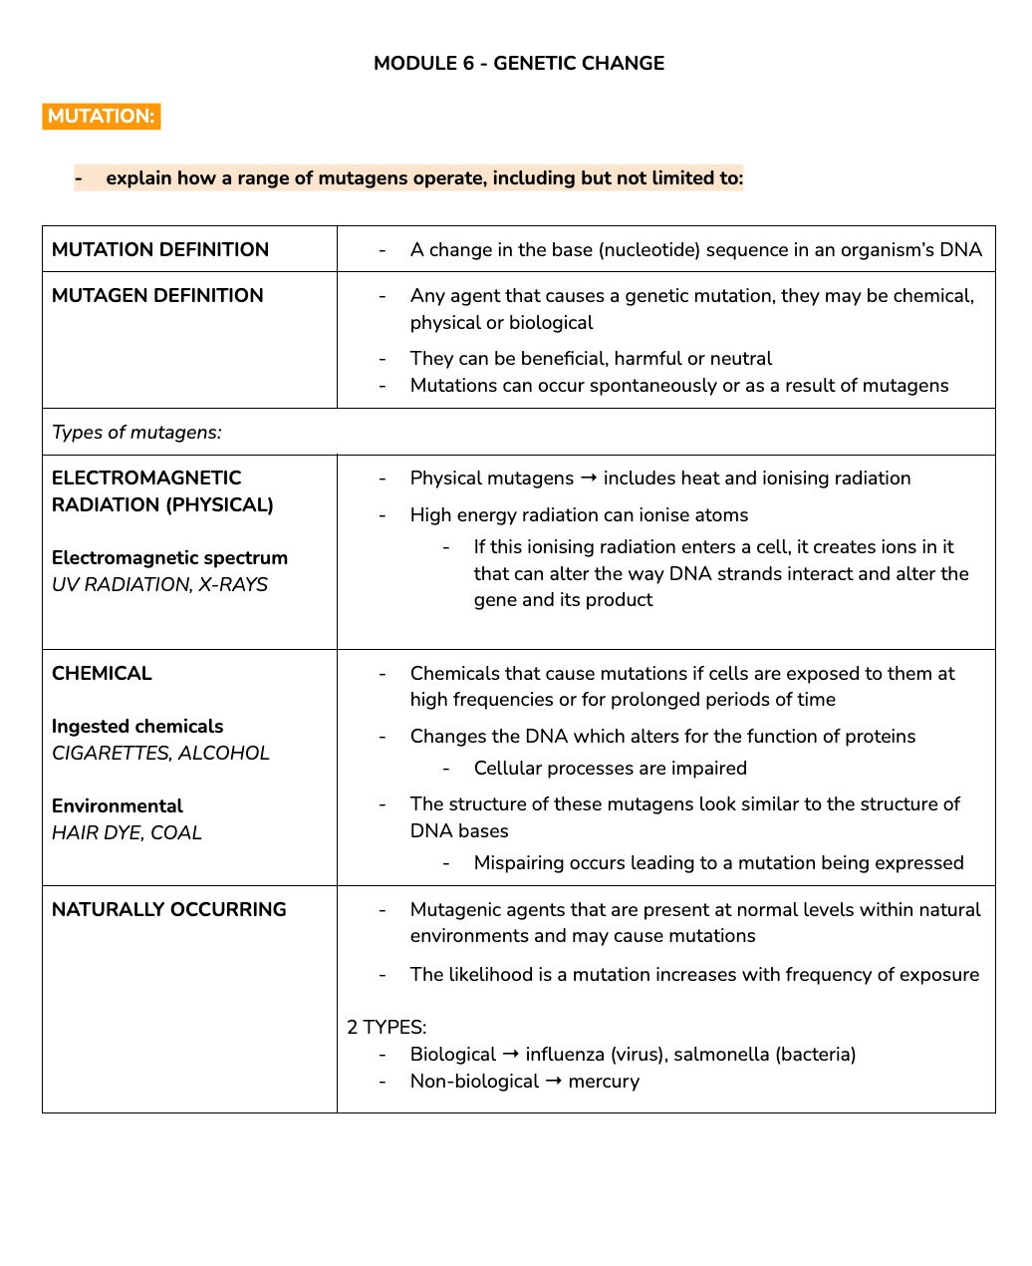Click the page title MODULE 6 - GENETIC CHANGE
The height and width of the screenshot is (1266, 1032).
coord(518,63)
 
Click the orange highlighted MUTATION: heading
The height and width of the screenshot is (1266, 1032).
coord(101,116)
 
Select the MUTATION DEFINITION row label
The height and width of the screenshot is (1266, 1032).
coord(159,249)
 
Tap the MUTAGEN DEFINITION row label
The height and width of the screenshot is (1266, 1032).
coord(157,295)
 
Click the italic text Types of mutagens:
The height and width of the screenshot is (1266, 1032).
coord(136,432)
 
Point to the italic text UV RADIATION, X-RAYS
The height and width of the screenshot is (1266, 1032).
coord(159,584)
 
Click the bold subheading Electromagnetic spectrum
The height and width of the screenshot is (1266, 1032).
coord(169,557)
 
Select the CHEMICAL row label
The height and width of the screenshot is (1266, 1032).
coord(102,673)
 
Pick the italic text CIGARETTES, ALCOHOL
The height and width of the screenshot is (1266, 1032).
coord(160,753)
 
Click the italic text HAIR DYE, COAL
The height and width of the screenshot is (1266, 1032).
coord(127,832)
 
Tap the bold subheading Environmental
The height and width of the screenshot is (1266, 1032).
coord(117,805)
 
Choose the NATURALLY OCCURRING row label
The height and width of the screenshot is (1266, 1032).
coord(168,909)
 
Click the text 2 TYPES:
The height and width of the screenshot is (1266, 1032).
coord(387,1027)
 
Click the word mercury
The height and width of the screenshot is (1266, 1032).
coord(604,1081)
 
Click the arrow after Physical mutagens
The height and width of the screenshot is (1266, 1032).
coord(588,477)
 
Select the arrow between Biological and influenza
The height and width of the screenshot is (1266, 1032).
coord(510,1054)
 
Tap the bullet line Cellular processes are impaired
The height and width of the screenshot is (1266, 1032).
coord(610,768)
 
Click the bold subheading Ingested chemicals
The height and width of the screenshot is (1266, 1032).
coord(137,726)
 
